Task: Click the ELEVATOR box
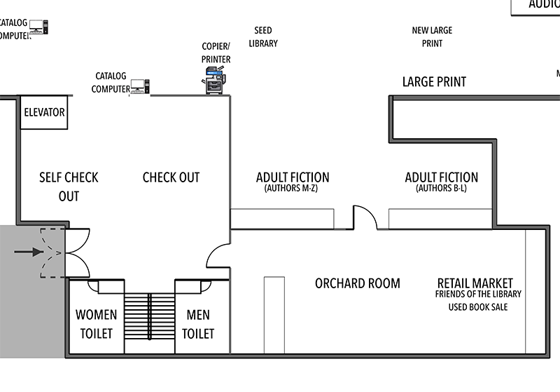pos(44,112)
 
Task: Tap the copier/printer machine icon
pos(216,81)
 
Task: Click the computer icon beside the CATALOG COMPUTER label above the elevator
pos(138,87)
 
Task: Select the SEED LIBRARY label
pos(263,37)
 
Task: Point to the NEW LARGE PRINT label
pos(432,37)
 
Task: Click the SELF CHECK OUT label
pos(69,187)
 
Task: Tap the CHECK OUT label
pos(171,177)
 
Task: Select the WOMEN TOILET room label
pos(96,324)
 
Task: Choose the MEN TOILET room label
pos(197,324)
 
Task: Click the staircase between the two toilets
pos(150,316)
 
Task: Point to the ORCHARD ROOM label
pos(357,283)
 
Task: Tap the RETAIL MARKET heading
pos(475,283)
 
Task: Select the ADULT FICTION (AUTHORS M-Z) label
pos(293,182)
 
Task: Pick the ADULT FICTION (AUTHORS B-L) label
pos(441,182)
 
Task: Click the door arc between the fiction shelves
pos(364,217)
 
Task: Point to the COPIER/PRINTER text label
pos(216,53)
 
